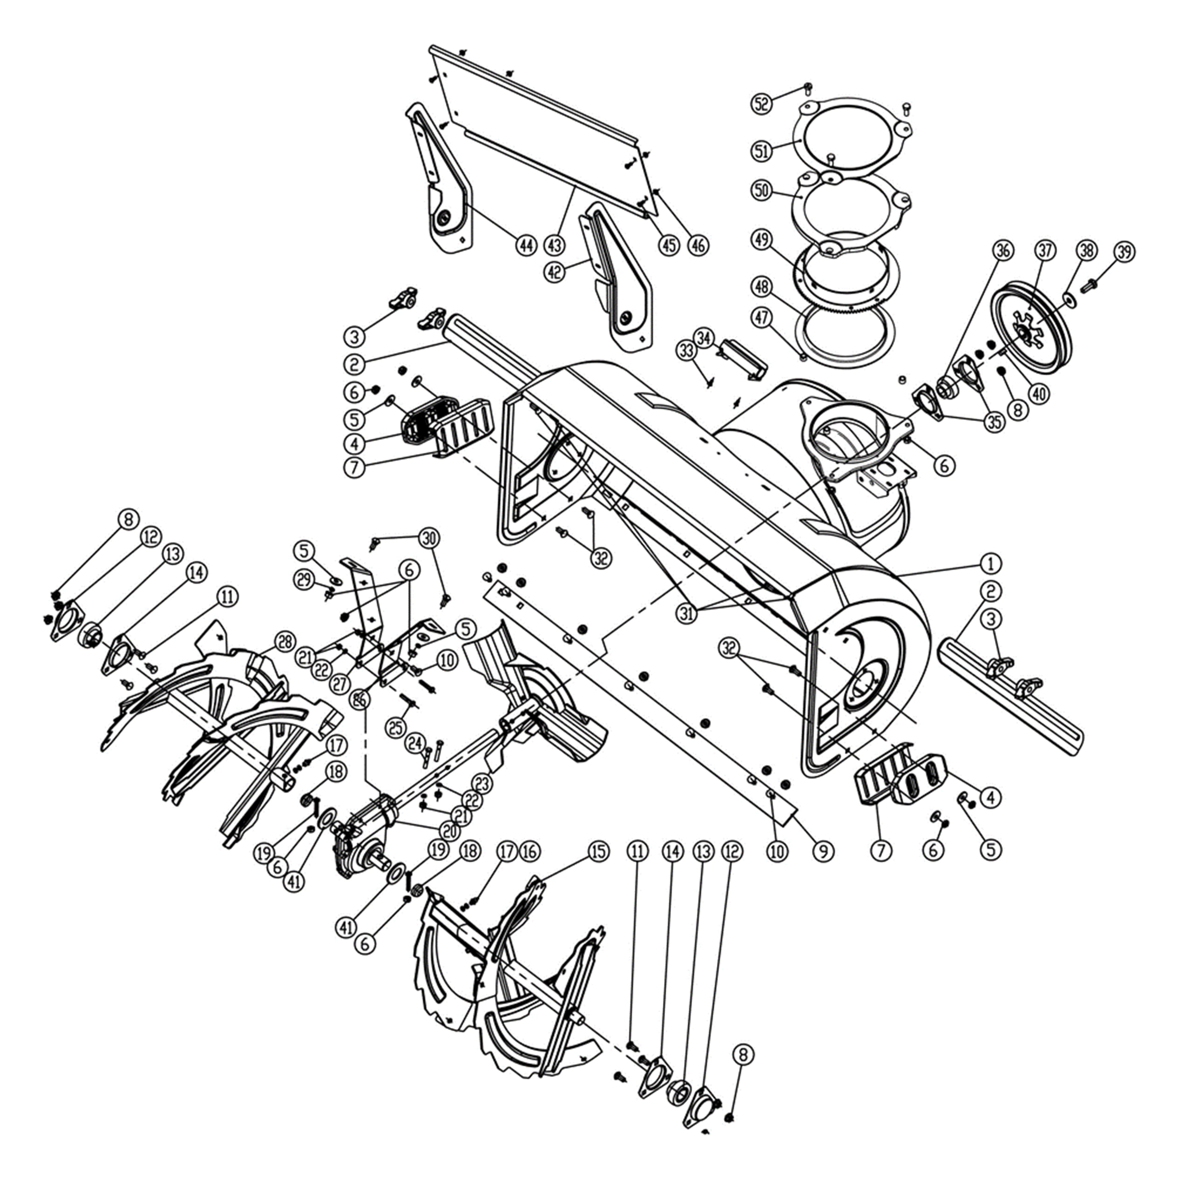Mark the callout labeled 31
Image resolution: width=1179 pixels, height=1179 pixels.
pos(687,614)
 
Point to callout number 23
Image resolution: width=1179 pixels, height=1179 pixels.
pos(482,783)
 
